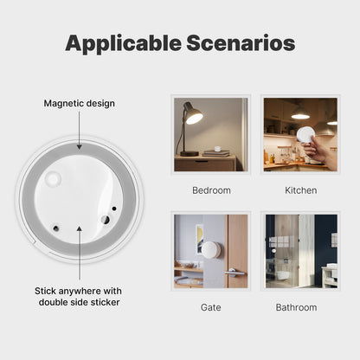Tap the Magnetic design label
point(80,104)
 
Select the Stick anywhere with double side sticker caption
point(80,296)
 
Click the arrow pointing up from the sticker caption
point(80,251)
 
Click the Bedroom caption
point(211,190)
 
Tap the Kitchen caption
point(300,190)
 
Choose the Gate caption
point(211,307)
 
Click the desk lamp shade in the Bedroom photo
point(194,116)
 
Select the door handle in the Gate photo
point(233,273)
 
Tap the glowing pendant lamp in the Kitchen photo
point(300,116)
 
